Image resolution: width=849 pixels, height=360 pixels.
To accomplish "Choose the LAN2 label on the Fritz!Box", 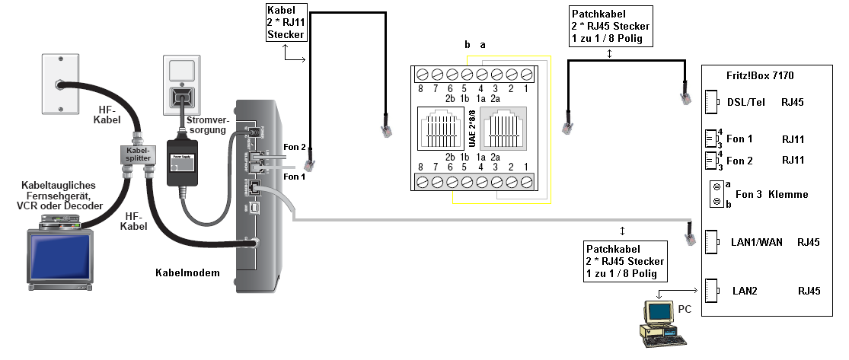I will click(745, 291).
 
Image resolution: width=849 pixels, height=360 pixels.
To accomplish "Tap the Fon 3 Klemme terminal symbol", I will click(716, 194).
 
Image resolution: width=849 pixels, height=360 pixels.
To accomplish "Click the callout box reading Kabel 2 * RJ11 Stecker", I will click(286, 23).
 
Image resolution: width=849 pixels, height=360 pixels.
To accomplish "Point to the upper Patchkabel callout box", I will click(610, 27).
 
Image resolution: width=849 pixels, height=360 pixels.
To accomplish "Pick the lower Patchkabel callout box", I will click(624, 261).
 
